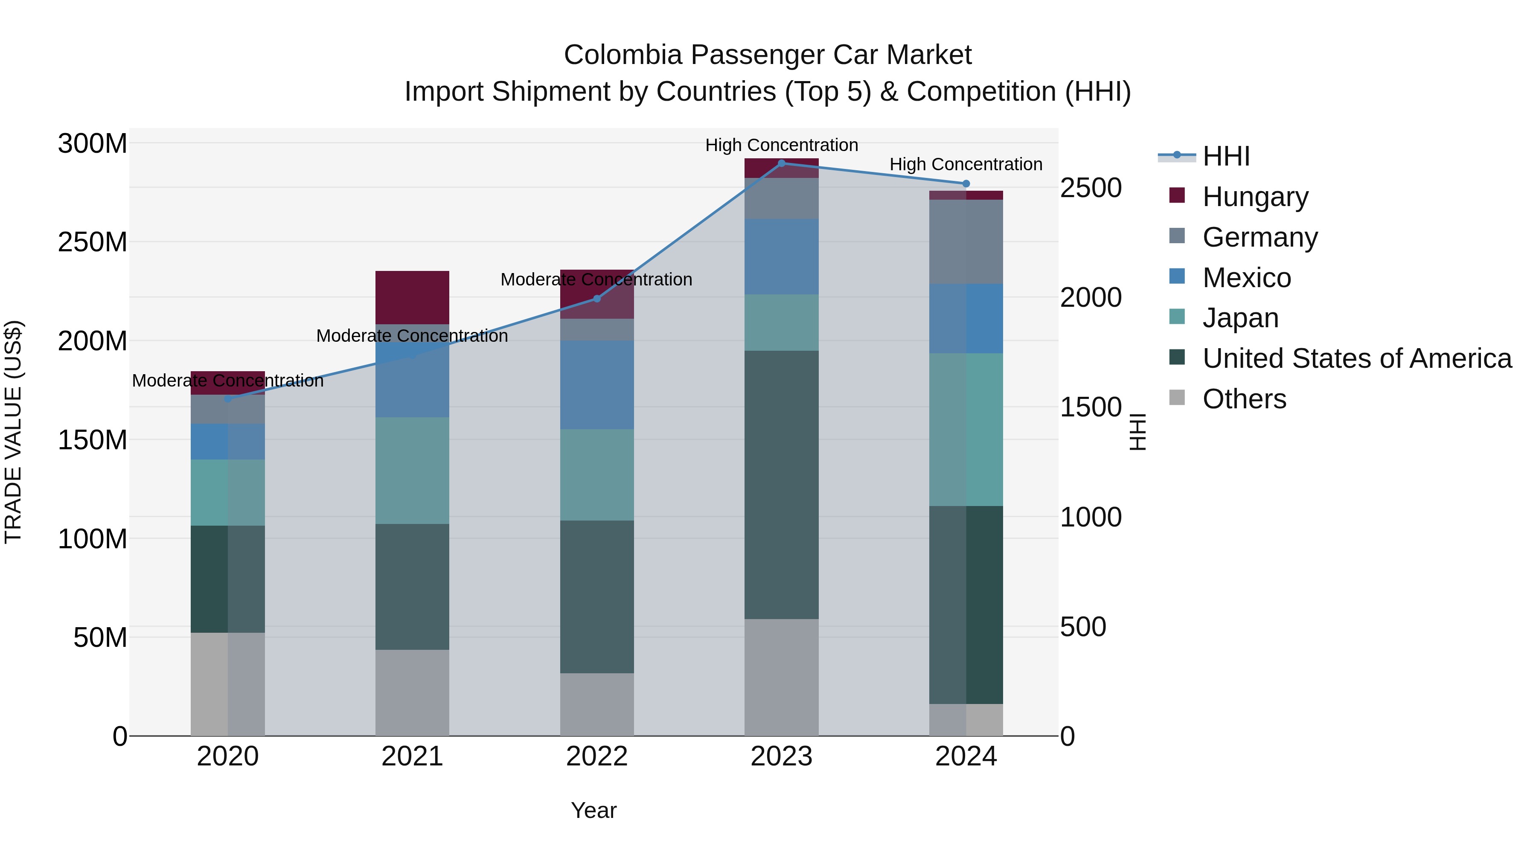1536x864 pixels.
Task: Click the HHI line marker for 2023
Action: pos(781,163)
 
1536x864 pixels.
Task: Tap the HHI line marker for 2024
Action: pos(966,183)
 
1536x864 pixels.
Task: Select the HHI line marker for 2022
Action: pos(597,299)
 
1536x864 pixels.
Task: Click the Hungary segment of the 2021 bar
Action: pos(412,297)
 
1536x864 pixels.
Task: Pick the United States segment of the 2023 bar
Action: pos(781,484)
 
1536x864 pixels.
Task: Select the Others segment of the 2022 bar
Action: pos(597,704)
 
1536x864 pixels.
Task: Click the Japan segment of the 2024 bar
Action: pos(966,429)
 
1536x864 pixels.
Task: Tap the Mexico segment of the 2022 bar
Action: pos(597,384)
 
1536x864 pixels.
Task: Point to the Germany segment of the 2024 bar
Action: pos(966,241)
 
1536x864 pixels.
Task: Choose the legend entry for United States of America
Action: pos(1356,358)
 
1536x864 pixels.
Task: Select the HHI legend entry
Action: pos(1225,156)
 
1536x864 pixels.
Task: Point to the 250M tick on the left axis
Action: pos(93,242)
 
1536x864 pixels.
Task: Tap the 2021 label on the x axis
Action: pos(412,756)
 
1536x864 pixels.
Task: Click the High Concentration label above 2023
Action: pos(781,145)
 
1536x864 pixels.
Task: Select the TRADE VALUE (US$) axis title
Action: pos(13,432)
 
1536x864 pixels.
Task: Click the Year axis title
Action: pos(593,810)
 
